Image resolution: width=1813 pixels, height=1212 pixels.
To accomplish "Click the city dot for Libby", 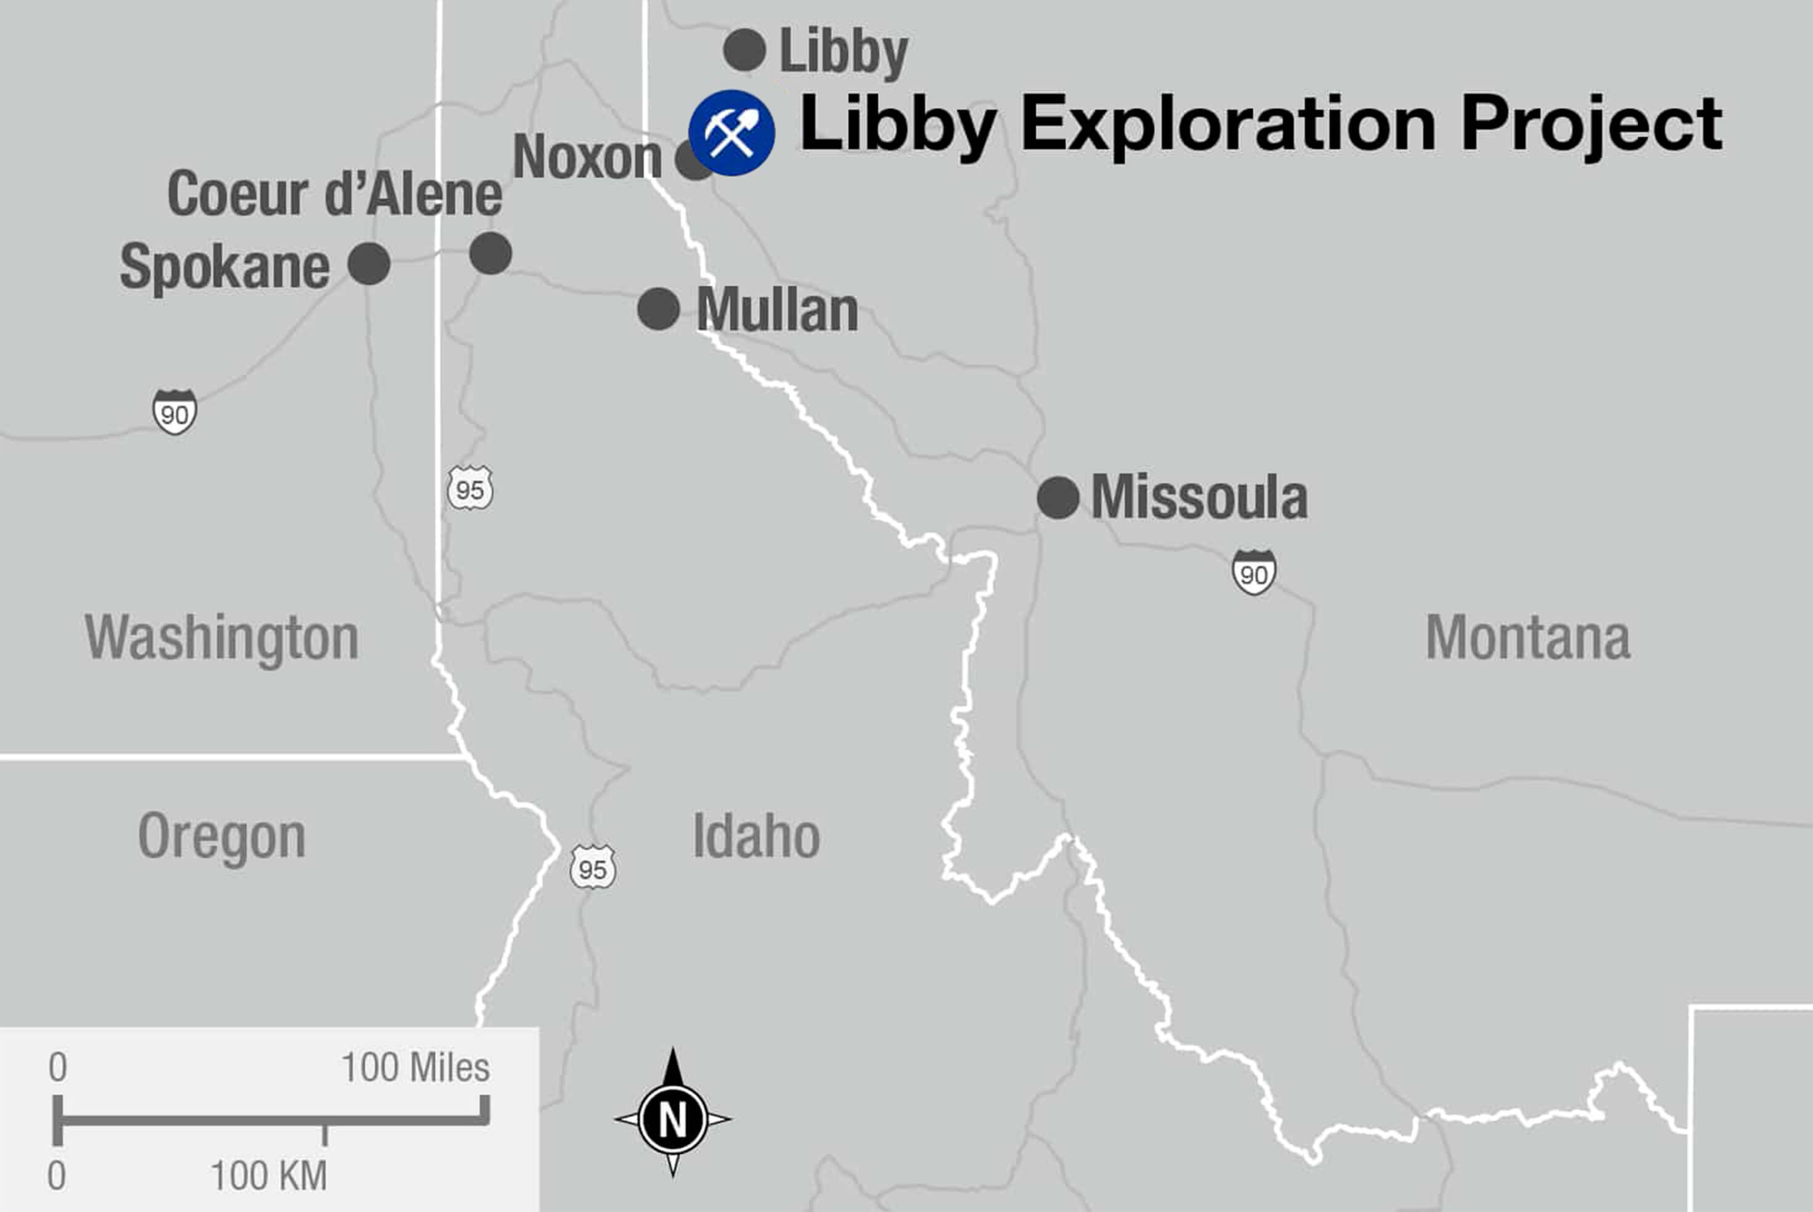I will point(744,50).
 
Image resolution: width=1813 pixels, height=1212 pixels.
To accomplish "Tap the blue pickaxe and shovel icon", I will point(731,133).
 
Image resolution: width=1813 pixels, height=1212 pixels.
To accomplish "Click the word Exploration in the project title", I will point(1228,124).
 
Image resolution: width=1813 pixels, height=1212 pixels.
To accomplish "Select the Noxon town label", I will point(588,157).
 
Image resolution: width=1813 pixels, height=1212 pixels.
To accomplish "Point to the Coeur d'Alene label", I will point(335,194).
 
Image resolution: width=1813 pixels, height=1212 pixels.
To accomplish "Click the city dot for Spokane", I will point(369,264).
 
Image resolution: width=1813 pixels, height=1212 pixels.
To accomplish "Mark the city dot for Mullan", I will point(659,309).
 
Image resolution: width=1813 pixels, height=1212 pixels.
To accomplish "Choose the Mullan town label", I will point(777,311).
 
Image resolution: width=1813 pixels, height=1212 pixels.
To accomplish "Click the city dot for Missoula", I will point(1058,497).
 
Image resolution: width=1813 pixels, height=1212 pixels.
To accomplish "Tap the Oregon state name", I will point(222,837).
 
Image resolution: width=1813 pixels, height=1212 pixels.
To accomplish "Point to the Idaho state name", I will point(756,837).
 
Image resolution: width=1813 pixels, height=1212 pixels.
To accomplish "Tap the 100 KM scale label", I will point(269,1176).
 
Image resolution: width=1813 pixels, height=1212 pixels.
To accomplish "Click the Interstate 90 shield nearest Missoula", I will point(1253,573).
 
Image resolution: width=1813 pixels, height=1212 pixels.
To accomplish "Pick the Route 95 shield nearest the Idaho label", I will point(593,867).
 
